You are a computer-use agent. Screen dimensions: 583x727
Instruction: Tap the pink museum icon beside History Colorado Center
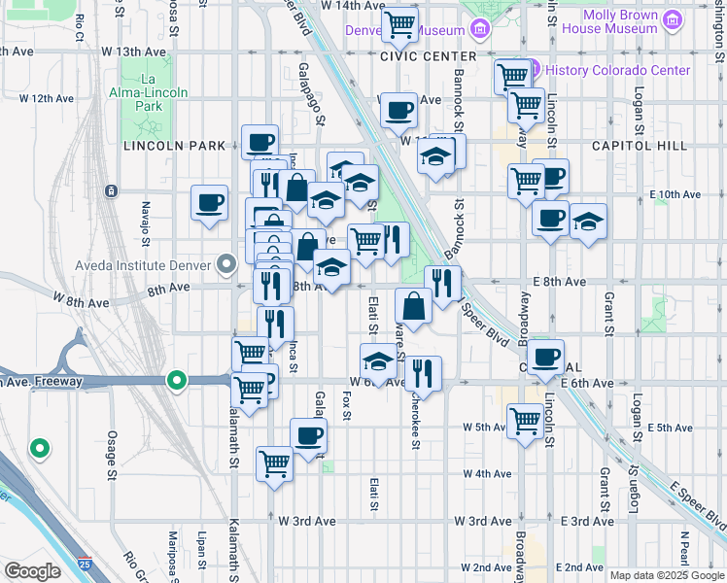(x=532, y=70)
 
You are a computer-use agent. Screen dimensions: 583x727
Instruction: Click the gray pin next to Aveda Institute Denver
(x=227, y=264)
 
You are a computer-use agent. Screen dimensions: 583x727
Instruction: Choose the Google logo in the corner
(x=32, y=571)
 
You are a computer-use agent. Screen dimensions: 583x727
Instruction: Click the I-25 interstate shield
(x=87, y=563)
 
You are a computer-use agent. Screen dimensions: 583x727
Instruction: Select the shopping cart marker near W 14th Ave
(x=398, y=24)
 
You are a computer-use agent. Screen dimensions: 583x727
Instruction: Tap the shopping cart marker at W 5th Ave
(x=525, y=421)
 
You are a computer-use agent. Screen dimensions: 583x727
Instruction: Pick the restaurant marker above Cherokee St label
(x=423, y=371)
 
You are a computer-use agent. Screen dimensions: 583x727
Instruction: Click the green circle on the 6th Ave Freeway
(x=176, y=380)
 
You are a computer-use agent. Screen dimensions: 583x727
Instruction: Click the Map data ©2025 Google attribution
(x=667, y=575)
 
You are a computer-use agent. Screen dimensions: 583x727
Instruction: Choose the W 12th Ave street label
(x=47, y=98)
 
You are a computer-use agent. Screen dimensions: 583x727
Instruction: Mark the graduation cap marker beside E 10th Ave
(x=587, y=221)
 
